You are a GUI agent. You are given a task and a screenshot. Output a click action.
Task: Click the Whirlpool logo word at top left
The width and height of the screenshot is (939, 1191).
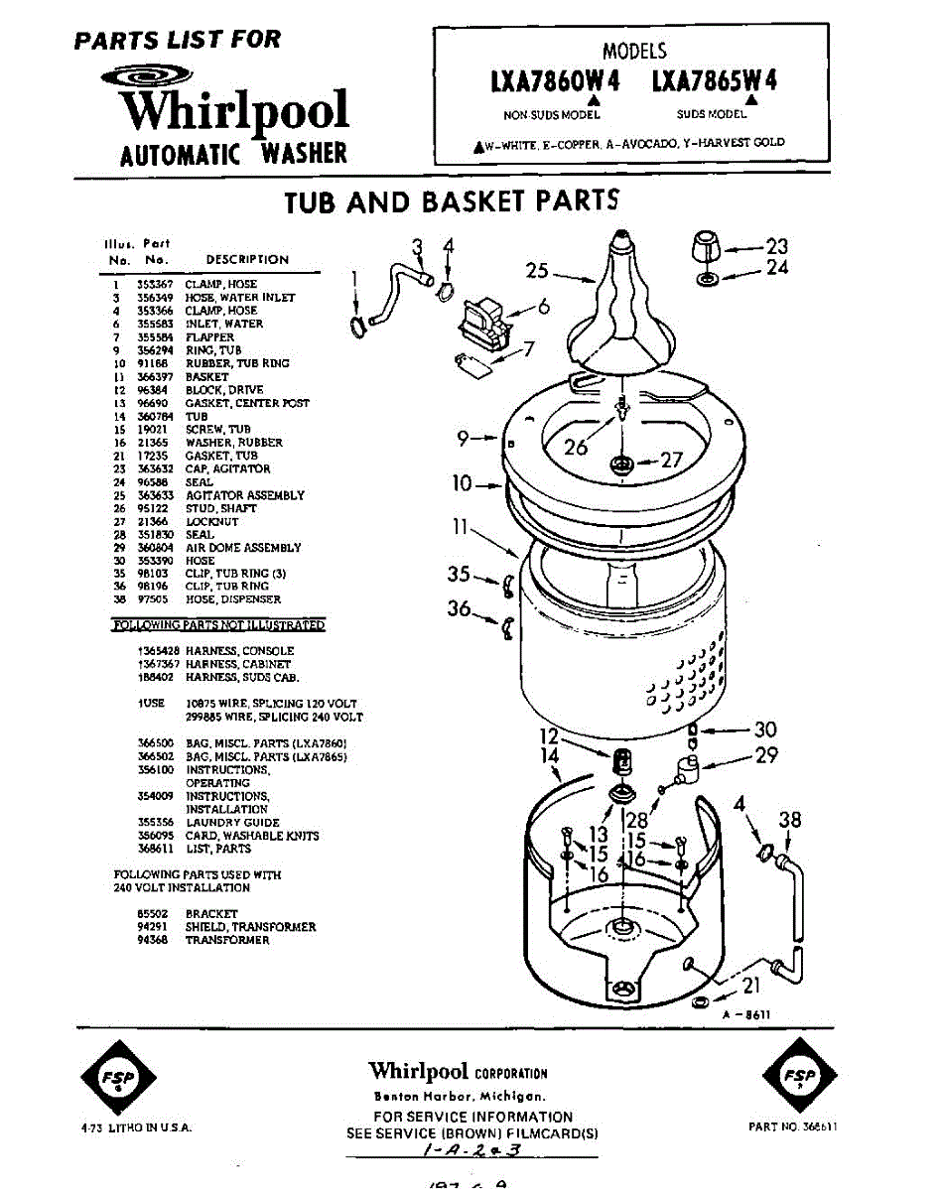coord(234,111)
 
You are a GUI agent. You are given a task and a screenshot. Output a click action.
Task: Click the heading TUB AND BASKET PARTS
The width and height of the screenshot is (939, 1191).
coord(452,201)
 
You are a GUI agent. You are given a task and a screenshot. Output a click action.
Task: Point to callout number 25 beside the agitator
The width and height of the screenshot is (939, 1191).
coord(537,270)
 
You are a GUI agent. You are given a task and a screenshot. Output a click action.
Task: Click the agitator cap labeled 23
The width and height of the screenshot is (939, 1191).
coord(707,243)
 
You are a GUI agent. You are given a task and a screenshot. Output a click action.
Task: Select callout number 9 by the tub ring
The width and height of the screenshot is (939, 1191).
coord(463,436)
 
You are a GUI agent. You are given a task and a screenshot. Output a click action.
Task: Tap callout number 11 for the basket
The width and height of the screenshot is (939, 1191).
coord(460,527)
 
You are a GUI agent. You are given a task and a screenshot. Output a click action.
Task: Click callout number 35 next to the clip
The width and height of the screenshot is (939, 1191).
coord(458,574)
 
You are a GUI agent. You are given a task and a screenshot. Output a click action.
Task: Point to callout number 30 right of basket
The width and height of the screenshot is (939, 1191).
coord(765,729)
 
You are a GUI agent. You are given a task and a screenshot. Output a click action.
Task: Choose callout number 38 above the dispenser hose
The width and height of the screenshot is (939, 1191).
coord(789,820)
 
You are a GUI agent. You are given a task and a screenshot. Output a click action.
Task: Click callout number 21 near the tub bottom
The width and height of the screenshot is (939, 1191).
coord(751,985)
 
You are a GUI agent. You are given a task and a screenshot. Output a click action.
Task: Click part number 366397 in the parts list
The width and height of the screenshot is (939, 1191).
coord(153,377)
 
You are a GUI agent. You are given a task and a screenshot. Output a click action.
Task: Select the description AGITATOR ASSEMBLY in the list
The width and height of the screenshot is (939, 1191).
coord(244,495)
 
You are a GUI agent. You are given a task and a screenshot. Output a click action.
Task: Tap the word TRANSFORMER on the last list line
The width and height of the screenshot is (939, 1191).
coord(227,940)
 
